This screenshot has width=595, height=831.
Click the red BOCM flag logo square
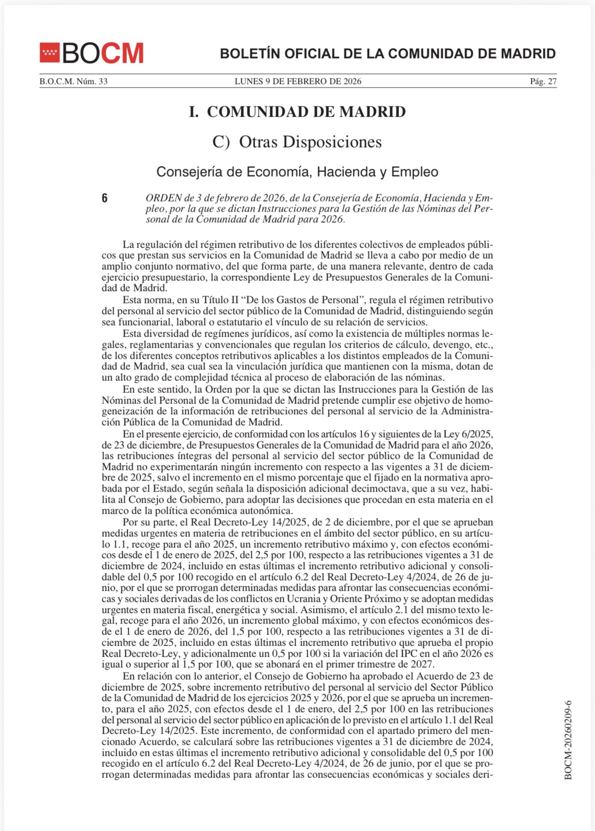coord(49,53)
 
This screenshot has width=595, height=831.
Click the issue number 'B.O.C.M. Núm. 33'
coord(73,82)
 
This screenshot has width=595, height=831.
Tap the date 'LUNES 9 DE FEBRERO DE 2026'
coord(297,82)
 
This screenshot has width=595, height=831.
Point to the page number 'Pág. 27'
coord(543,82)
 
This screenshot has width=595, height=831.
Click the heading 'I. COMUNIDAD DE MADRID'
coord(297,112)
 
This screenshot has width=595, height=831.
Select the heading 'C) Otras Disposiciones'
coord(297,142)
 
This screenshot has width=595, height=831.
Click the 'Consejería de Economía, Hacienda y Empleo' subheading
coord(297,172)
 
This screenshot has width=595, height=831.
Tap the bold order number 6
coord(105,198)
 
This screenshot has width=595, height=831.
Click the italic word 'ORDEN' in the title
coord(164,198)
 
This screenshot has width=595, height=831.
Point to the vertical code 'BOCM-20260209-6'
coord(568,740)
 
